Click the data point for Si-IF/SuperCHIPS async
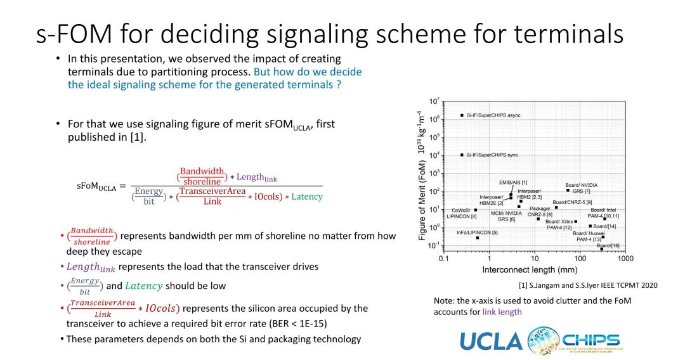pyautogui.click(x=462, y=115)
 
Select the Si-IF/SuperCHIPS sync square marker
pyautogui.click(x=462, y=155)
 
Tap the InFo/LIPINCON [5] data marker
pyautogui.click(x=477, y=238)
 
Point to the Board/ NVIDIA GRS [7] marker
pyautogui.click(x=568, y=190)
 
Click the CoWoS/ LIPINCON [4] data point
pyautogui.click(x=475, y=210)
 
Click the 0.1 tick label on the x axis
pyautogui.click(x=443, y=259)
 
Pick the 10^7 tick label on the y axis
pyautogui.click(x=434, y=101)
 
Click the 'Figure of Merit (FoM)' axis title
pyautogui.click(x=422, y=199)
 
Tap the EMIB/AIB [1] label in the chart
pyautogui.click(x=513, y=183)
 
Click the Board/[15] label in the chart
pyautogui.click(x=608, y=245)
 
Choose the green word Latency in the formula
pyautogui.click(x=307, y=196)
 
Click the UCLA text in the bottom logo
pyautogui.click(x=491, y=340)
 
